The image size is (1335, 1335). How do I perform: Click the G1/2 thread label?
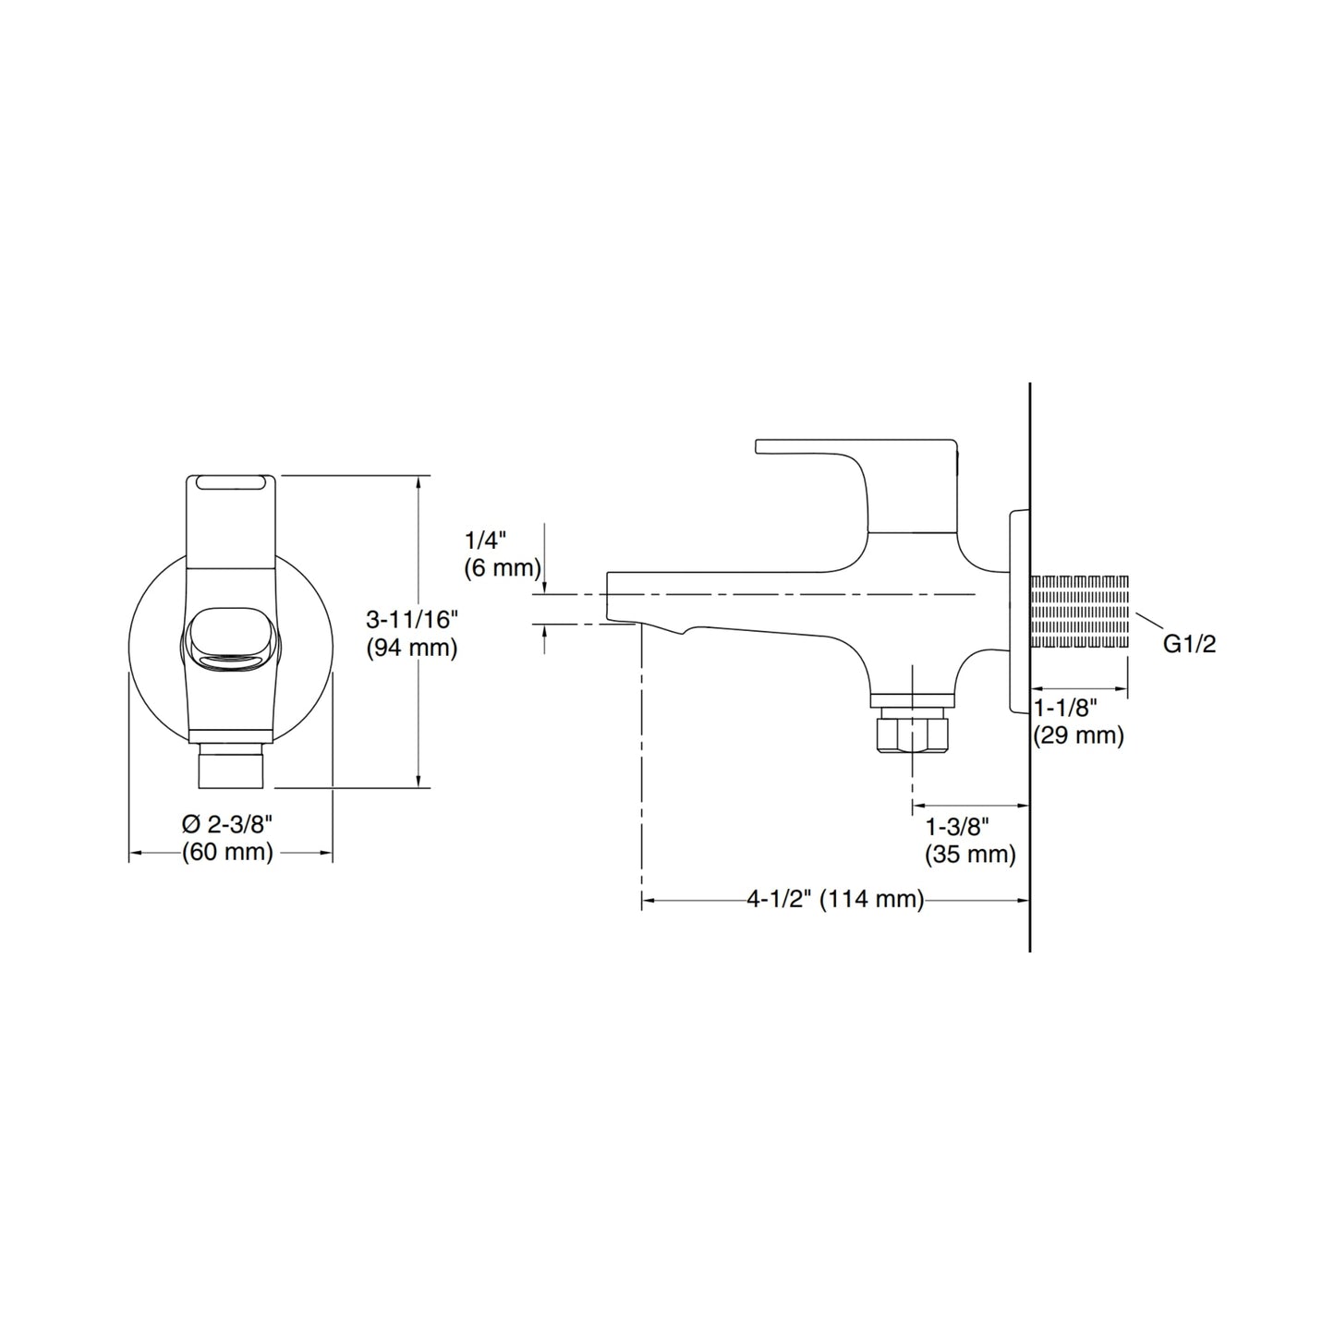pyautogui.click(x=1189, y=644)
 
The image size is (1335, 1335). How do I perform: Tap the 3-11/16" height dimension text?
pyautogui.click(x=412, y=619)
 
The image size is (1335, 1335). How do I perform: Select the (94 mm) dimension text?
pyautogui.click(x=412, y=649)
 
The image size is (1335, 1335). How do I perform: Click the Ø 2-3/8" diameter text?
pyautogui.click(x=227, y=824)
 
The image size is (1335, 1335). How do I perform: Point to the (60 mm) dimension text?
pyautogui.click(x=227, y=852)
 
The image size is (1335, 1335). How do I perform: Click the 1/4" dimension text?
pyautogui.click(x=486, y=539)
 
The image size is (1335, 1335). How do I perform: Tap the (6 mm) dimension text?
pyautogui.click(x=503, y=568)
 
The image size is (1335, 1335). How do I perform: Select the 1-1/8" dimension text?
pyautogui.click(x=1066, y=708)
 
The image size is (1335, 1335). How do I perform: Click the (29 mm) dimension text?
pyautogui.click(x=1079, y=735)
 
